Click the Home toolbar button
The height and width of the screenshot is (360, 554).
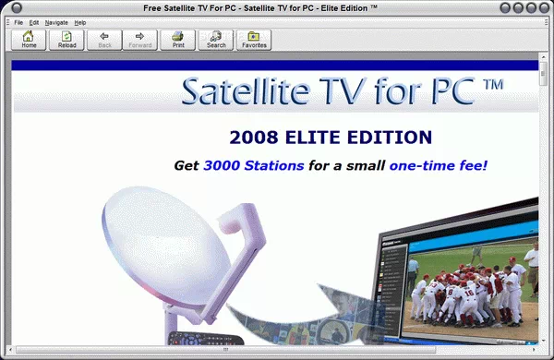(x=30, y=39)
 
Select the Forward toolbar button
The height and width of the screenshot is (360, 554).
(x=139, y=39)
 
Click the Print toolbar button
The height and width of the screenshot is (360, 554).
(x=177, y=39)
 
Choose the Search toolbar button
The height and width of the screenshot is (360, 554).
(x=216, y=39)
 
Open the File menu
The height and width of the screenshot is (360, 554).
(x=18, y=21)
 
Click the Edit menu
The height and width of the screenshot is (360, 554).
(x=34, y=21)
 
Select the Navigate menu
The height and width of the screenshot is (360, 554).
(x=56, y=21)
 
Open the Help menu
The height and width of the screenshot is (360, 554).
(x=80, y=21)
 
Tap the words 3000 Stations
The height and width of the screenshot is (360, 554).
(x=253, y=166)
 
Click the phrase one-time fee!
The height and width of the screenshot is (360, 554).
(x=438, y=166)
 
